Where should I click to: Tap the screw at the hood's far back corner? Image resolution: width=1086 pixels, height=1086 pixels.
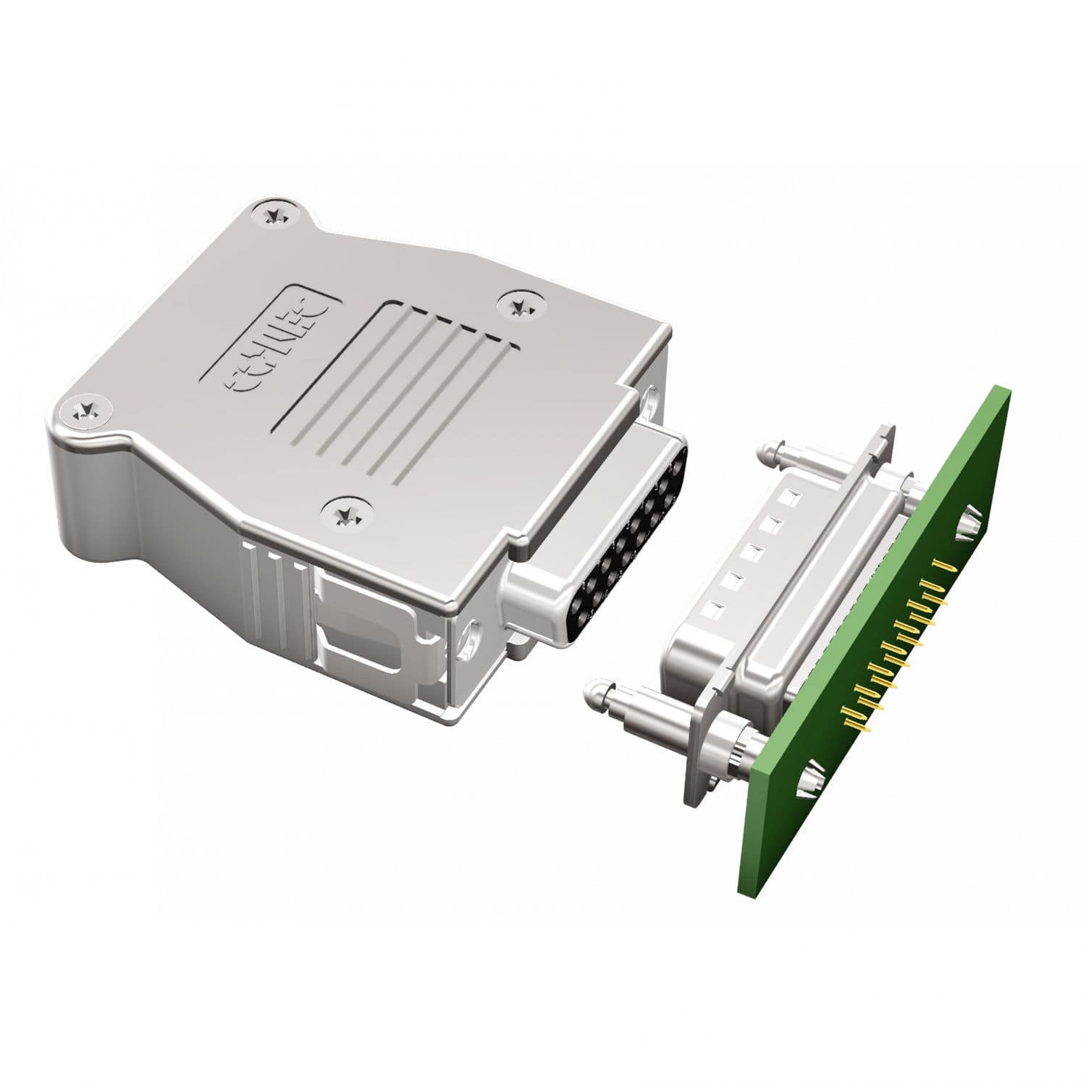274,214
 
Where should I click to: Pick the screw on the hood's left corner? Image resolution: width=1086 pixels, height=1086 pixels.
90,413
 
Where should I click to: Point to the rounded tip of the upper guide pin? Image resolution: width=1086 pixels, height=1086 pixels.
766,455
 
